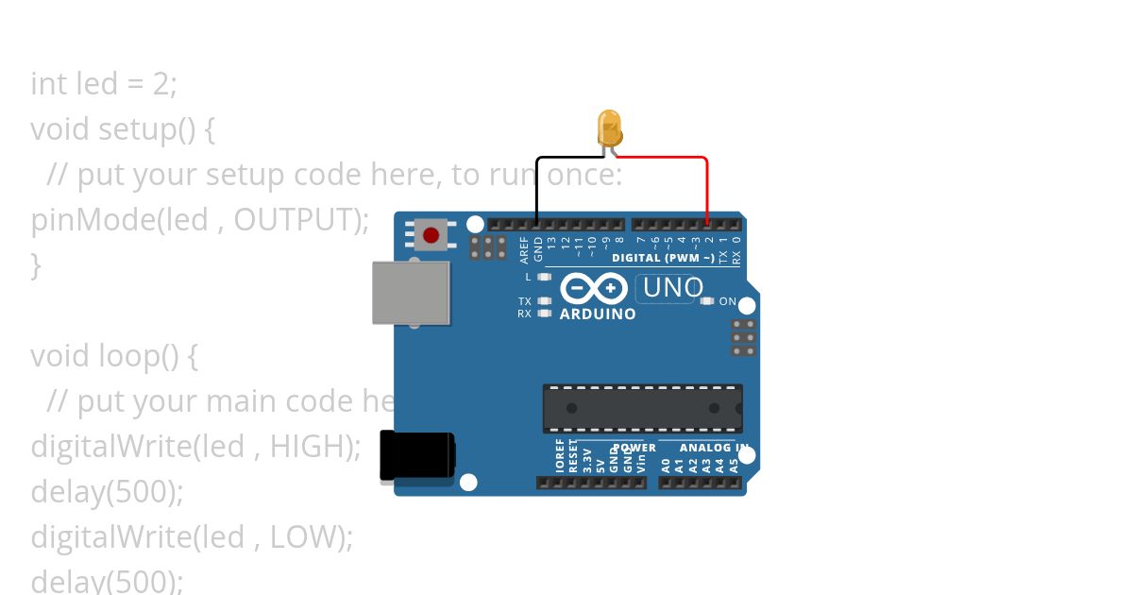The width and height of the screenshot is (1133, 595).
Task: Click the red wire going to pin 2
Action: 706,189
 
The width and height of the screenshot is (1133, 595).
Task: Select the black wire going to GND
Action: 537,189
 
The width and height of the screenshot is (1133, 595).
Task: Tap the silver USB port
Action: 411,293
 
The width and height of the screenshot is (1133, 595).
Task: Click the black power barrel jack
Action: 416,456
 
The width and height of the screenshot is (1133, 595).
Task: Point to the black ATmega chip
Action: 642,408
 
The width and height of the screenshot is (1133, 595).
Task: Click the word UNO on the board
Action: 672,287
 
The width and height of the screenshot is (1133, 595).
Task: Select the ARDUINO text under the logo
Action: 598,314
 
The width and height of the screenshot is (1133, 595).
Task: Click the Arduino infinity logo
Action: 594,287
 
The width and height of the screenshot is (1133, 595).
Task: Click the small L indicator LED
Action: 543,277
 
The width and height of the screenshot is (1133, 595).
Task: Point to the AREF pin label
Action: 525,249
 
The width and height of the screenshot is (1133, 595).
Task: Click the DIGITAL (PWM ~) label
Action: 663,258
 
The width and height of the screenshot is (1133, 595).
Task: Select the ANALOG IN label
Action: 715,448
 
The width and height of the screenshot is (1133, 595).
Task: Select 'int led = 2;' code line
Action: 104,83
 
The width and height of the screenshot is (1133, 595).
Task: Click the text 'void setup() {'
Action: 123,128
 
